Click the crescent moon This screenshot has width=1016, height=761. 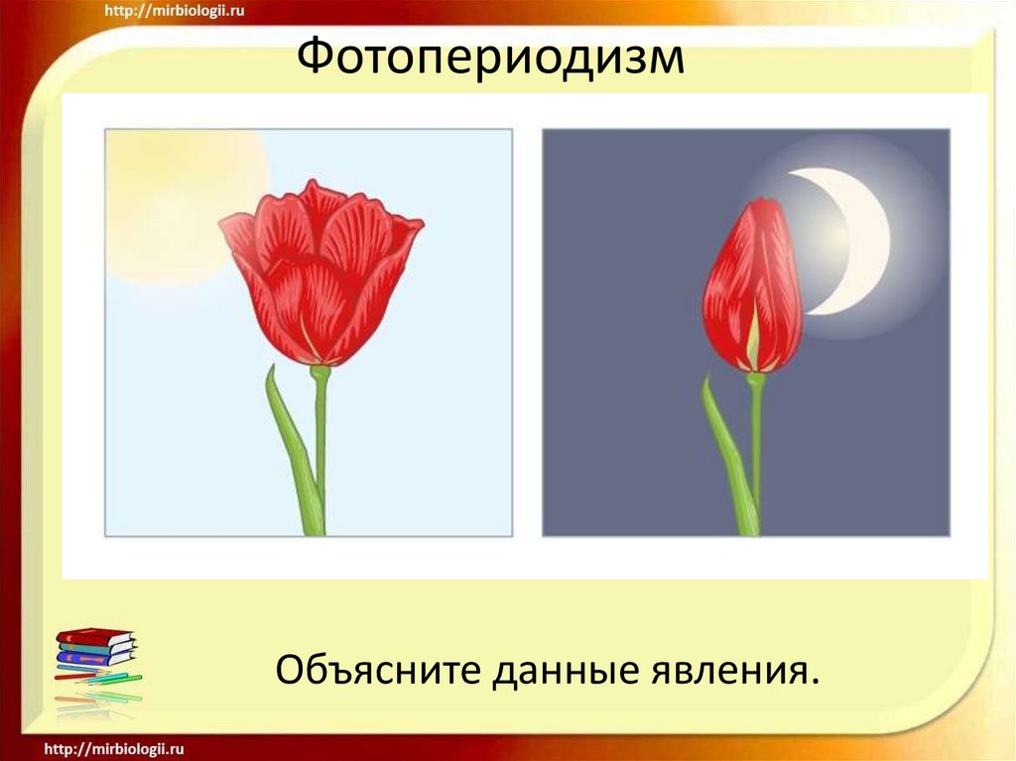(858, 238)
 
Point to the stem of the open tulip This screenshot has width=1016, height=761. (320, 446)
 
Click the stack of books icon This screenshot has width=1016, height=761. (95, 647)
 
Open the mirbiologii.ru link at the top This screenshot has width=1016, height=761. (178, 11)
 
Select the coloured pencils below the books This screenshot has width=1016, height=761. (99, 685)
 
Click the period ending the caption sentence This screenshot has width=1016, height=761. (816, 683)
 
